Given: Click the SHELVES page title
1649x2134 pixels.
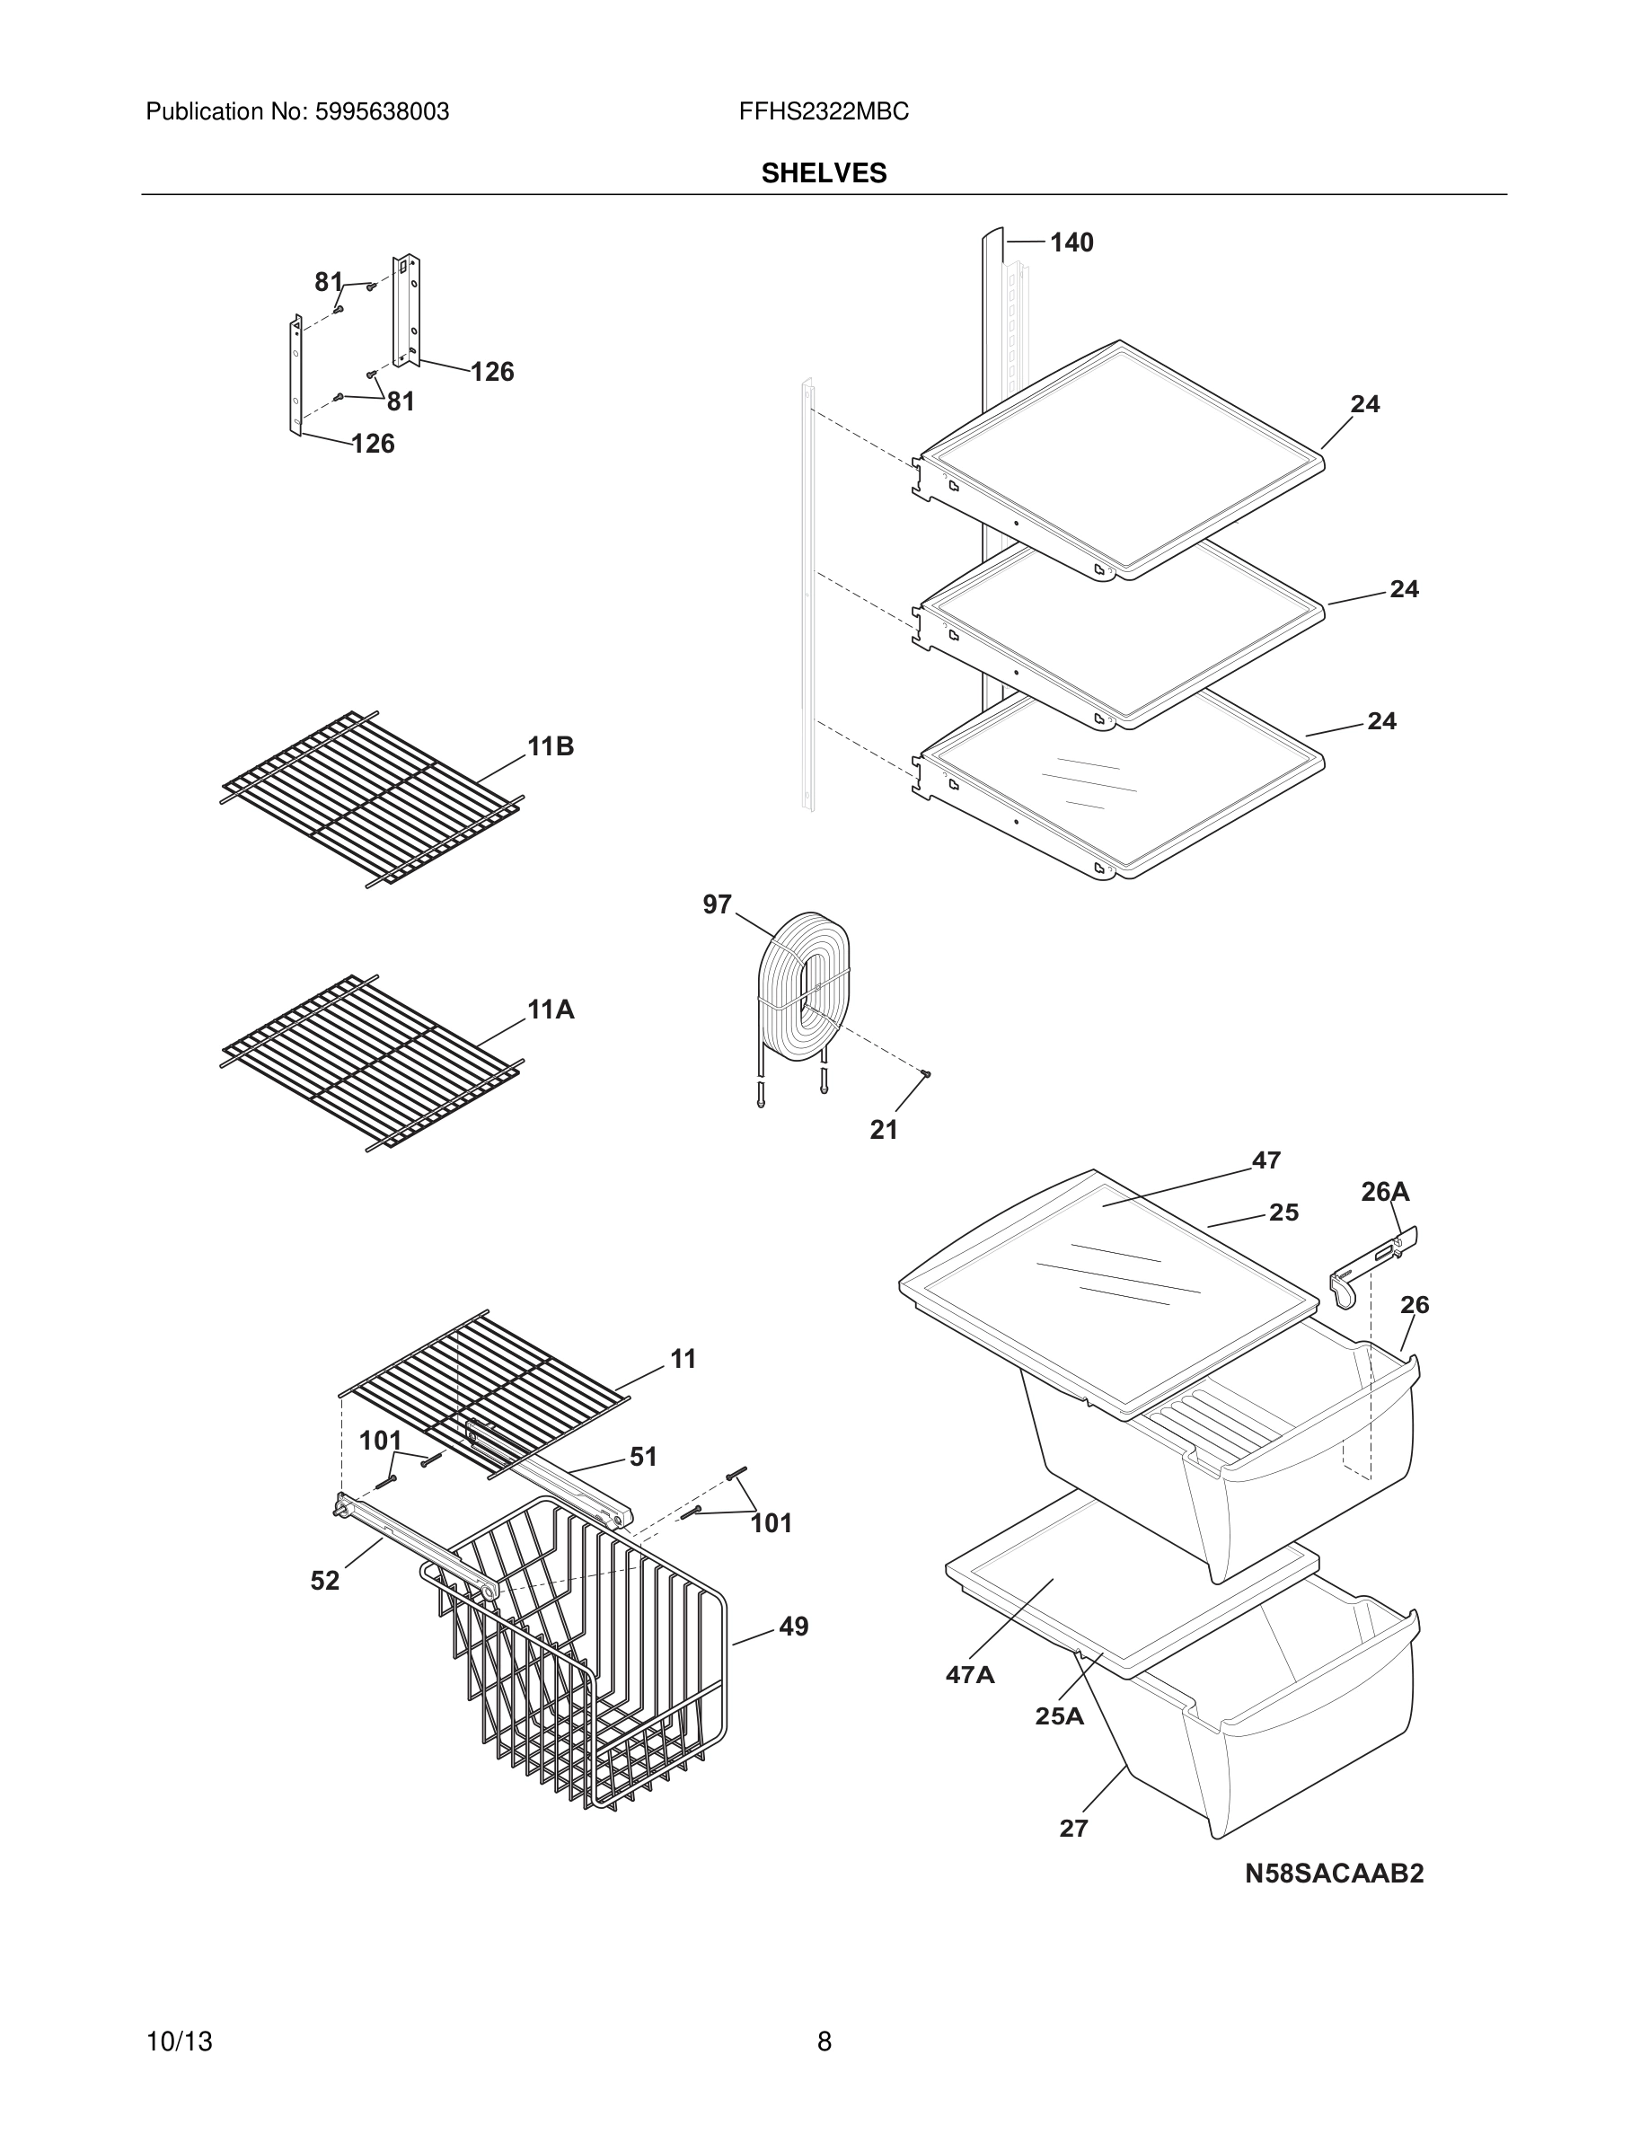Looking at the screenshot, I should (x=824, y=173).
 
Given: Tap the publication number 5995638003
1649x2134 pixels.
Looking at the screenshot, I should (x=381, y=112).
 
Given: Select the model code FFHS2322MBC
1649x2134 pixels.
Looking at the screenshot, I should (x=824, y=112).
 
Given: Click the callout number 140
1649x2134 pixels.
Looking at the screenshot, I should (x=1071, y=242).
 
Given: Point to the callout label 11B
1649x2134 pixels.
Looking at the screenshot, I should (x=551, y=746).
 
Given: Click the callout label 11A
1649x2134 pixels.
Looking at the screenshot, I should (x=551, y=1010).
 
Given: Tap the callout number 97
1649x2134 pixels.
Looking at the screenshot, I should (x=717, y=904).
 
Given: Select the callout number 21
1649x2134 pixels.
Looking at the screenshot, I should (x=884, y=1130).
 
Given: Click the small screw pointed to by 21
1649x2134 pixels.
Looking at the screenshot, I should (x=926, y=1074).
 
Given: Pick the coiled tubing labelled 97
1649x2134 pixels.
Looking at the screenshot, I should (x=804, y=992).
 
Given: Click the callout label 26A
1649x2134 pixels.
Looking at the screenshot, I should (x=1385, y=1191).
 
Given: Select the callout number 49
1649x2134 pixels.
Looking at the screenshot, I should (x=793, y=1626).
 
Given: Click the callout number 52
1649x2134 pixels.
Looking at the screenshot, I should (x=325, y=1580).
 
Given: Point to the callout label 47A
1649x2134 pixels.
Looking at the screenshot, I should (x=970, y=1675).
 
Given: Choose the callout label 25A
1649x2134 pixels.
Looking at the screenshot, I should (x=1060, y=1715).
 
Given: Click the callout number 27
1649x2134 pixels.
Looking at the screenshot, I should (x=1073, y=1828).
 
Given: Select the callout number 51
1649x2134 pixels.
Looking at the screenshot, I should (x=643, y=1457).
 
